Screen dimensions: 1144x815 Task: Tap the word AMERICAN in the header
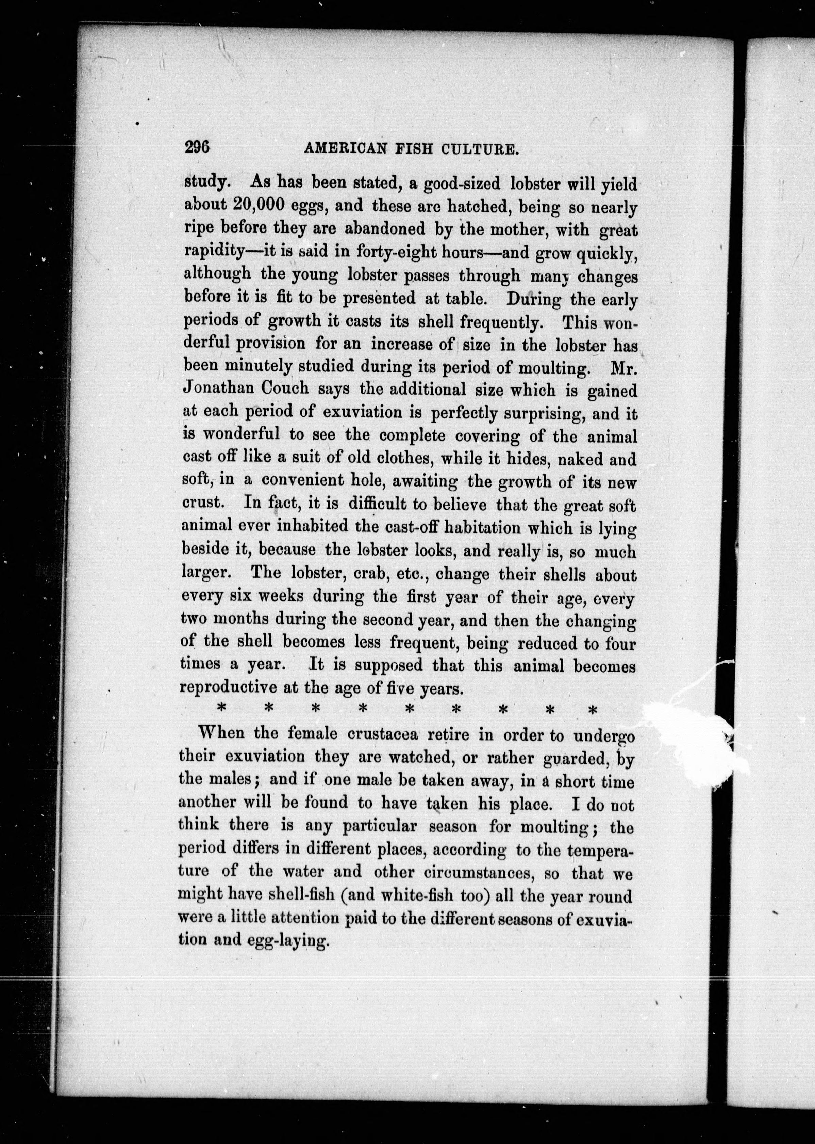tap(345, 149)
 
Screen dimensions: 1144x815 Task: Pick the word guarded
tap(576, 758)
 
